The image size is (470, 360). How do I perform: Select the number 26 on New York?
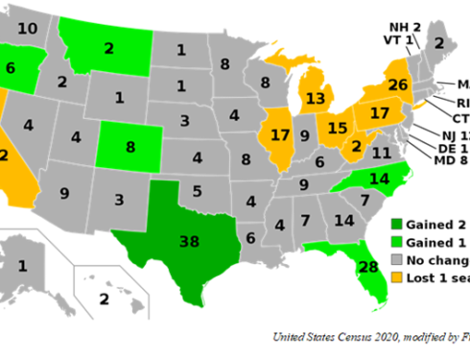pyautogui.click(x=399, y=84)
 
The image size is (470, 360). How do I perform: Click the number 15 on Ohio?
pyautogui.click(x=337, y=126)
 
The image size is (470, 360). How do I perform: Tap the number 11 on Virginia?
pyautogui.click(x=382, y=153)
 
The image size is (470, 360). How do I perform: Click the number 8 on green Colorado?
pyautogui.click(x=128, y=149)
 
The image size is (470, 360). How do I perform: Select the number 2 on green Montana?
pyautogui.click(x=108, y=47)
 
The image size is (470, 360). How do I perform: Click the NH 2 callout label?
pyautogui.click(x=406, y=27)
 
